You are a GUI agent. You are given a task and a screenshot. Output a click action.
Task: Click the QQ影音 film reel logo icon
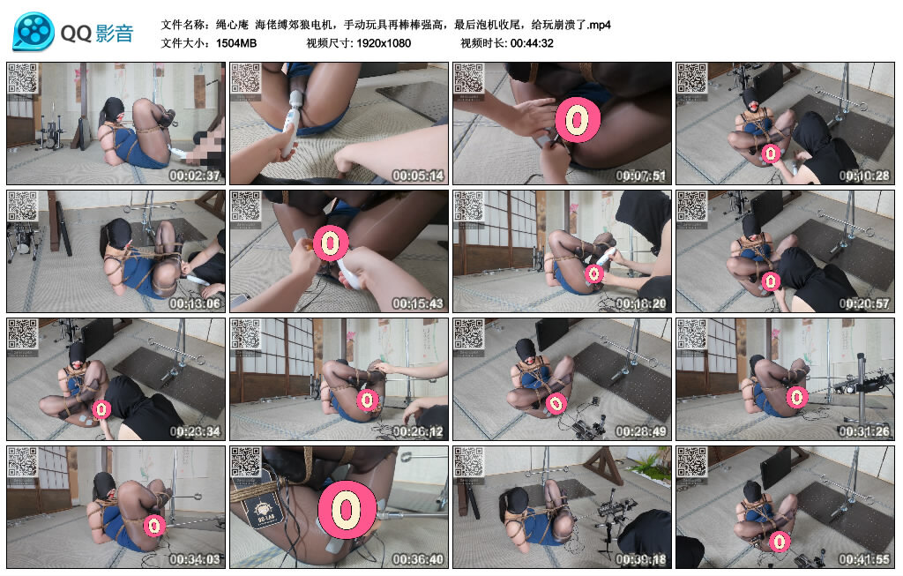click(34, 32)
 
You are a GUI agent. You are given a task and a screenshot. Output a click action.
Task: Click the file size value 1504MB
click(236, 42)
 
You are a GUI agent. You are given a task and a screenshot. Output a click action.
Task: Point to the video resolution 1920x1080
click(384, 42)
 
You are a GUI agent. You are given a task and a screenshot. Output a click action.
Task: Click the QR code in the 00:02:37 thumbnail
click(22, 79)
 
